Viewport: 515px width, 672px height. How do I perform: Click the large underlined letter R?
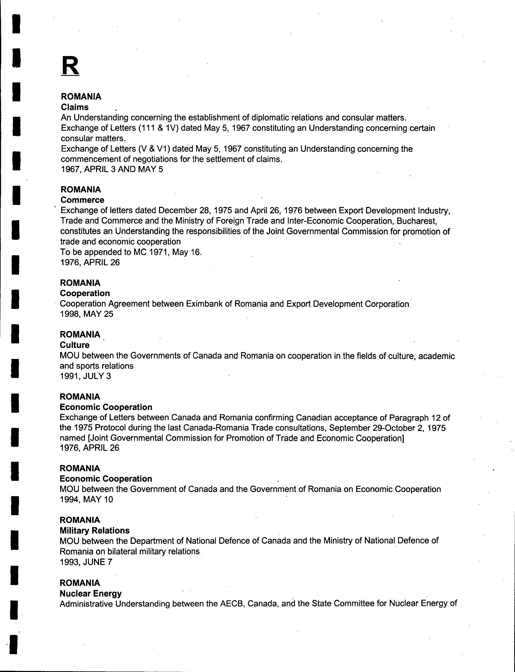click(70, 66)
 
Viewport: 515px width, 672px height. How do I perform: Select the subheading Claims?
click(75, 107)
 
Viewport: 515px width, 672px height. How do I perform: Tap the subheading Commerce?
click(82, 200)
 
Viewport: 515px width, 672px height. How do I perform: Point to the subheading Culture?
click(75, 345)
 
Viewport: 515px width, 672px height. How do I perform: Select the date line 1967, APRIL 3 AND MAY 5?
click(112, 169)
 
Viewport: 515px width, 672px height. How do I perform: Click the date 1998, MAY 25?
click(87, 314)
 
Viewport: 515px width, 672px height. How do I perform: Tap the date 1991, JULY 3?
click(85, 376)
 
